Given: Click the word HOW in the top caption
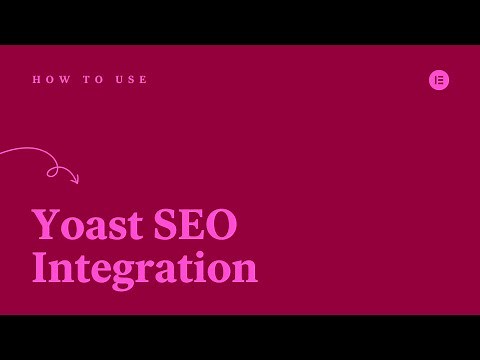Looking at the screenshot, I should coord(47,80).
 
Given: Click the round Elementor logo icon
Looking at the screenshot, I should coord(439,80).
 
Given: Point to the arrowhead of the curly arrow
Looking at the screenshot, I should coord(75,180).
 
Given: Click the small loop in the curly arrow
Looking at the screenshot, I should coord(53,172).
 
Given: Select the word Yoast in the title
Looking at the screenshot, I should coord(88,224).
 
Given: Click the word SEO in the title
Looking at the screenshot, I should coord(195,224).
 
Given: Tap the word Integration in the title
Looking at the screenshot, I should coord(144,268).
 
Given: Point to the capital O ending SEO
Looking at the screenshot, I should coord(222,224).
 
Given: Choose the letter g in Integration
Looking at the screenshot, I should coord(123,273).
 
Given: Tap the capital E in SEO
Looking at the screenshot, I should coord(193,224).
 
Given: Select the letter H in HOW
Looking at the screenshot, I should coord(36,80).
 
